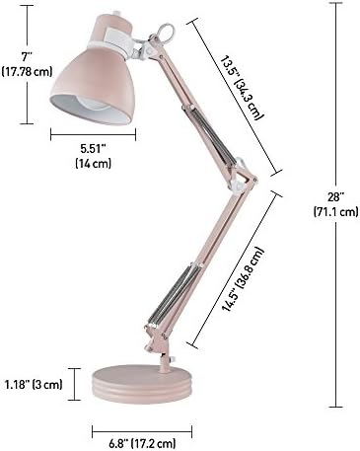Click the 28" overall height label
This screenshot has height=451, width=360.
(x=335, y=197)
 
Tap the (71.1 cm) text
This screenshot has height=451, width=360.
(x=335, y=211)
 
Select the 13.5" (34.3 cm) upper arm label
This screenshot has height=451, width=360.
(x=242, y=89)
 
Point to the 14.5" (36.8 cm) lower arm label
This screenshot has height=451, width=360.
(x=243, y=279)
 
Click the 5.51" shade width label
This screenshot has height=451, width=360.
(x=93, y=149)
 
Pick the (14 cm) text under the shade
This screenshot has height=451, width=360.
(x=93, y=163)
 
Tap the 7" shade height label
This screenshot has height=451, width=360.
(x=27, y=57)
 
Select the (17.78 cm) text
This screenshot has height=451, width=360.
(x=27, y=71)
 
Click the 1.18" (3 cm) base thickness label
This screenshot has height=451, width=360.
(x=34, y=384)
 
